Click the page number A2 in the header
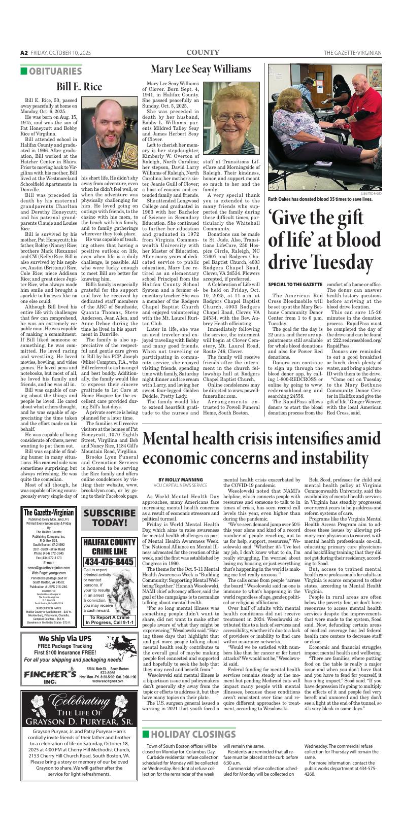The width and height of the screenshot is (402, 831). pyautogui.click(x=24, y=53)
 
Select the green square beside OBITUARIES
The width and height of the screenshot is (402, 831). pyautogui.click(x=23, y=71)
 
